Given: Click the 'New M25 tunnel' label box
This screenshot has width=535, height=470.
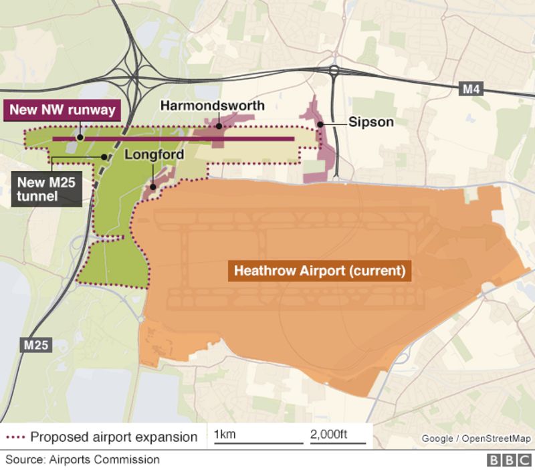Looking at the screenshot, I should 47,188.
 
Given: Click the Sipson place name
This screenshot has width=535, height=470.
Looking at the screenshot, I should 370,122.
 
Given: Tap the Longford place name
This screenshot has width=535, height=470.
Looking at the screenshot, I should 152,154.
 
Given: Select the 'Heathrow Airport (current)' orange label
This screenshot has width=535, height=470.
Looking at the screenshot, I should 319,272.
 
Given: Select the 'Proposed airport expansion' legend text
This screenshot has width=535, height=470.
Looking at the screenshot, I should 114,437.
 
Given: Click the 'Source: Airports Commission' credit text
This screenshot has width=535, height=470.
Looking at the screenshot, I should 83,459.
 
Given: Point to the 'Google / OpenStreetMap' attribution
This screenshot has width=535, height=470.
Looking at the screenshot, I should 475,439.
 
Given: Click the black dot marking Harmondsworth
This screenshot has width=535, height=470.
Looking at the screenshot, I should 218,124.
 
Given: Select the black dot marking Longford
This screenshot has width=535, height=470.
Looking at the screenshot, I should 153,187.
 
